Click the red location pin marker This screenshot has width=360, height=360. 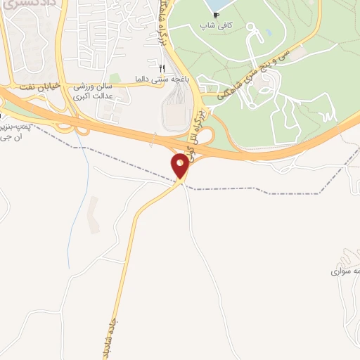pyautogui.click(x=180, y=166)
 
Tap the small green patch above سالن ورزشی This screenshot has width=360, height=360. pyautogui.click(x=113, y=78)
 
